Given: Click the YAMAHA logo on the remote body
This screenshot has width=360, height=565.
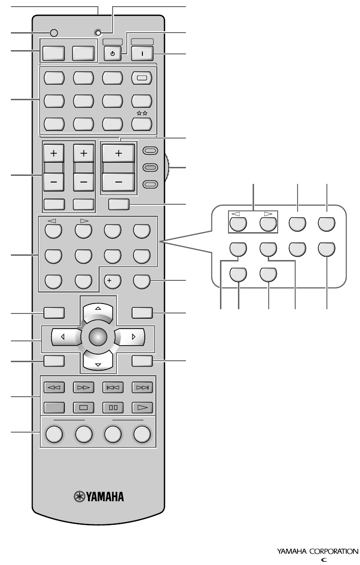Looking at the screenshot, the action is point(99,497).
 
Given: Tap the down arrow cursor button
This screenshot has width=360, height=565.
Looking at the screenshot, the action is point(98,363).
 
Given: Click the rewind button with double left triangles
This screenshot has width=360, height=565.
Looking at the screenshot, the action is point(53,387).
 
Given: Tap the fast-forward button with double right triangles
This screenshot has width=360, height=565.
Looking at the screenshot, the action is point(82,387).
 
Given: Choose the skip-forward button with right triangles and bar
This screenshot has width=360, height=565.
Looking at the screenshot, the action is point(142,387).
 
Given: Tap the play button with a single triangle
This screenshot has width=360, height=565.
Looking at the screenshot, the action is point(142,407).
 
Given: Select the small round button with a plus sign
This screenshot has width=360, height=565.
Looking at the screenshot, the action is point(112,281).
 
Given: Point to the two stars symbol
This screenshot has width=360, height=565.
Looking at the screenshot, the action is point(142,114).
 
